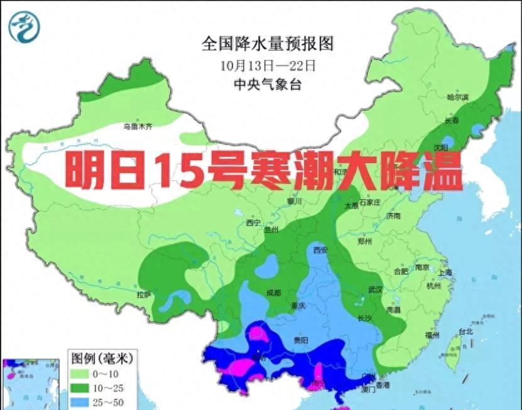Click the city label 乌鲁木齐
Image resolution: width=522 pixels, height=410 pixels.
[138, 126]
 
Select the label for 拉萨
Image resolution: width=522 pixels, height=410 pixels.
[144, 294]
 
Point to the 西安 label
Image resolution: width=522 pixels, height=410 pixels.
[322, 250]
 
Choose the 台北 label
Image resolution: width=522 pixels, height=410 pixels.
[465, 331]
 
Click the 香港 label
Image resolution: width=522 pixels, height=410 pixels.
[382, 384]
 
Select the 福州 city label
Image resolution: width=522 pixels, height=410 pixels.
[432, 335]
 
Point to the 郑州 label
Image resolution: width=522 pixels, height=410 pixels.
[364, 241]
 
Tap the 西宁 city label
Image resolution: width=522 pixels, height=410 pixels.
[253, 222]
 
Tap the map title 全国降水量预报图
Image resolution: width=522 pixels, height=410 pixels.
[266, 43]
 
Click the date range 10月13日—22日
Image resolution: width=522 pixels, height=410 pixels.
[267, 65]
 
